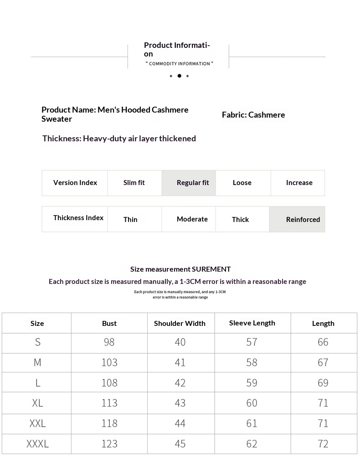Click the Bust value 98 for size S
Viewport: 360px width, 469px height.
click(x=109, y=342)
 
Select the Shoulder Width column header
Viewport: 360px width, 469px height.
click(x=180, y=324)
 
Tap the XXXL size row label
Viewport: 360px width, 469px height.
click(x=37, y=444)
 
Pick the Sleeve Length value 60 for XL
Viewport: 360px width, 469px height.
click(x=252, y=403)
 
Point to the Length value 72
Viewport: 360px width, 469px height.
click(x=323, y=444)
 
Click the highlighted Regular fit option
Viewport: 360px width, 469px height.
click(x=193, y=183)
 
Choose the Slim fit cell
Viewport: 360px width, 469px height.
click(x=134, y=183)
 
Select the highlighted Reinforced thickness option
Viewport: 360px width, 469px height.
click(x=303, y=220)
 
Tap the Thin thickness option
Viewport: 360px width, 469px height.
click(x=130, y=220)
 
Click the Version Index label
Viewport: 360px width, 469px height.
click(x=75, y=183)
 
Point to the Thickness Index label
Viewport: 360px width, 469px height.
click(x=78, y=218)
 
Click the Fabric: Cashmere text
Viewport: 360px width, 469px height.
click(x=253, y=115)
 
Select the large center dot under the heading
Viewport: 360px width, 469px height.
click(x=179, y=76)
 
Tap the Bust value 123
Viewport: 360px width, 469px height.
click(x=109, y=444)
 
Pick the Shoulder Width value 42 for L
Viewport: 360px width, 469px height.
click(x=180, y=383)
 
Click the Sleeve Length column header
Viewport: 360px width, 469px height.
click(x=252, y=323)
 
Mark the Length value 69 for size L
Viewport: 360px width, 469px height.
click(x=323, y=383)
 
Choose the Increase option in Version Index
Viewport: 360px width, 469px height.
click(x=299, y=183)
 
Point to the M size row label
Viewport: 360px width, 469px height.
click(x=37, y=363)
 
